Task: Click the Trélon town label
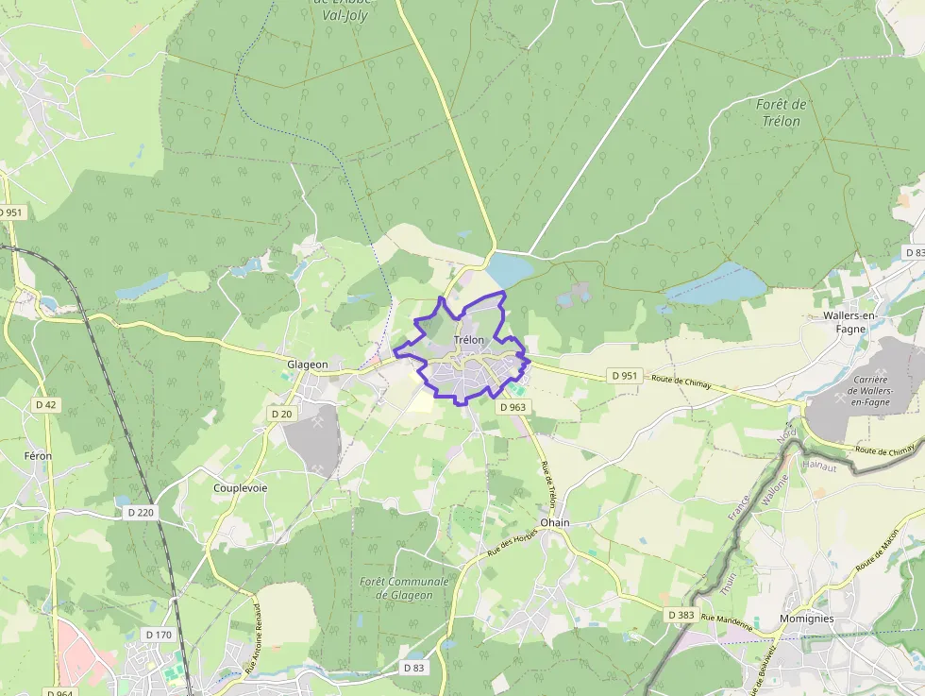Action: (x=469, y=340)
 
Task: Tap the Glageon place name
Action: (x=308, y=365)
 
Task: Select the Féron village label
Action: (x=38, y=456)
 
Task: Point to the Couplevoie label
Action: (x=241, y=488)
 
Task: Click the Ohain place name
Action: (x=555, y=522)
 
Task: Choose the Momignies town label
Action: (x=806, y=619)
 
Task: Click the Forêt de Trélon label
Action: (x=781, y=112)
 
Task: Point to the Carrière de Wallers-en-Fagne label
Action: (x=870, y=391)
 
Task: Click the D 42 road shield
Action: (x=45, y=405)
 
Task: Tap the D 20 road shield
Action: (x=281, y=414)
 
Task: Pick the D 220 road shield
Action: (x=139, y=512)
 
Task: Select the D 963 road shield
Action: (x=513, y=407)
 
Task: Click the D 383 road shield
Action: (x=681, y=615)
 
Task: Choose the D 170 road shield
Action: (x=159, y=635)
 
